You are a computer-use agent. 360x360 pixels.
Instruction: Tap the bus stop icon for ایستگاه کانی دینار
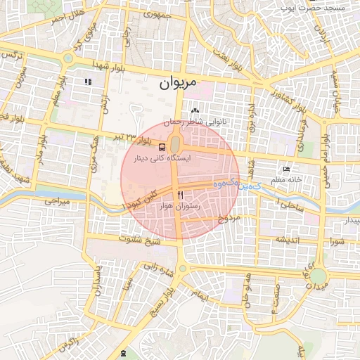[x=162, y=148]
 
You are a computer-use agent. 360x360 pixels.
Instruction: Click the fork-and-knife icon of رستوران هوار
[x=181, y=195]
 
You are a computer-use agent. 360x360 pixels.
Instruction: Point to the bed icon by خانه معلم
[x=285, y=169]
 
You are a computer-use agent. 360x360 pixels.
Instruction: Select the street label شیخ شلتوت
[x=143, y=241]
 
